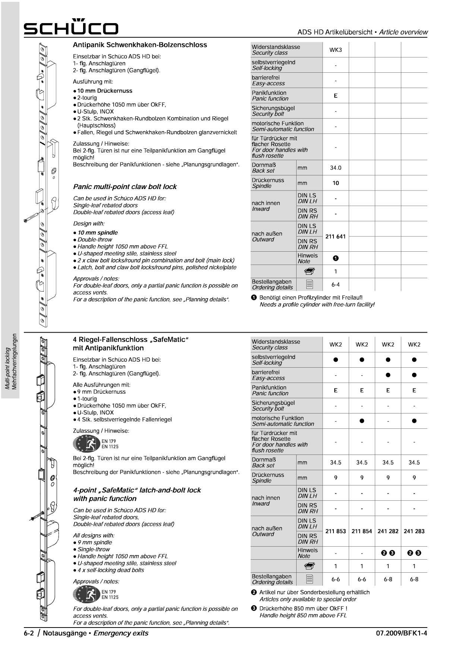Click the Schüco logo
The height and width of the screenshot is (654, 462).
(x=71, y=27)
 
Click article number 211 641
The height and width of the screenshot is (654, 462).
(x=335, y=236)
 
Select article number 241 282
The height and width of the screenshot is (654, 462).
(x=388, y=531)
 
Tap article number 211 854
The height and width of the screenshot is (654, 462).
(x=361, y=531)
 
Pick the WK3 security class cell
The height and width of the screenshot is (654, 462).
(x=335, y=50)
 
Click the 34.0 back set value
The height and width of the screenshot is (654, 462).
(x=335, y=168)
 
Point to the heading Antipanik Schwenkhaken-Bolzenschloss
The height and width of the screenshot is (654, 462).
(x=140, y=45)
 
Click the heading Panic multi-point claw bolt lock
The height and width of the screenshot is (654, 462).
(x=125, y=187)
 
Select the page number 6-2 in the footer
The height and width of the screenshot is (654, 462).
(x=29, y=633)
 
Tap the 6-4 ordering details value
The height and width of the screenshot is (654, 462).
(x=335, y=284)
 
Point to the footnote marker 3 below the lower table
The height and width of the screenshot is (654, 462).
(x=254, y=609)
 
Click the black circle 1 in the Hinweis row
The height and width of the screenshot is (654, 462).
(x=335, y=258)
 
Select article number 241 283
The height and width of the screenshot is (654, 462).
(x=414, y=531)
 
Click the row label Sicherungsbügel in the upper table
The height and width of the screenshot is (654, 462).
(x=273, y=108)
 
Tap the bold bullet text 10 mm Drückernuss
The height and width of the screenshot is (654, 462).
(x=104, y=91)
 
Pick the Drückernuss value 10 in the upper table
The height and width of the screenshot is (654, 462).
(x=335, y=183)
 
